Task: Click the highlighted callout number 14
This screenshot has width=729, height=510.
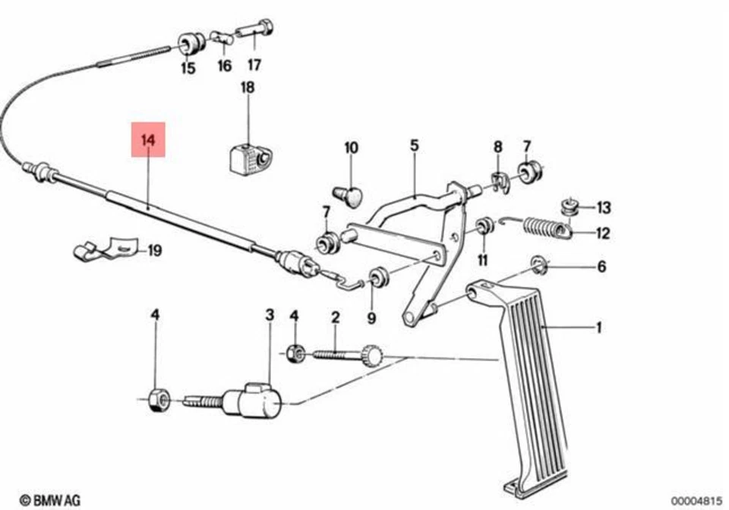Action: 148,140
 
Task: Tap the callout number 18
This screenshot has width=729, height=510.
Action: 248,88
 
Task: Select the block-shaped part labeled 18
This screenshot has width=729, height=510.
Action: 247,158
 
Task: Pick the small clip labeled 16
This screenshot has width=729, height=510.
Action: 221,36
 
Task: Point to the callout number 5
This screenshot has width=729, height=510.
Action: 415,145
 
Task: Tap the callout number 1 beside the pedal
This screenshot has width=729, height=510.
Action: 598,328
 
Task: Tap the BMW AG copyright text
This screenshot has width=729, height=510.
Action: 49,500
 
